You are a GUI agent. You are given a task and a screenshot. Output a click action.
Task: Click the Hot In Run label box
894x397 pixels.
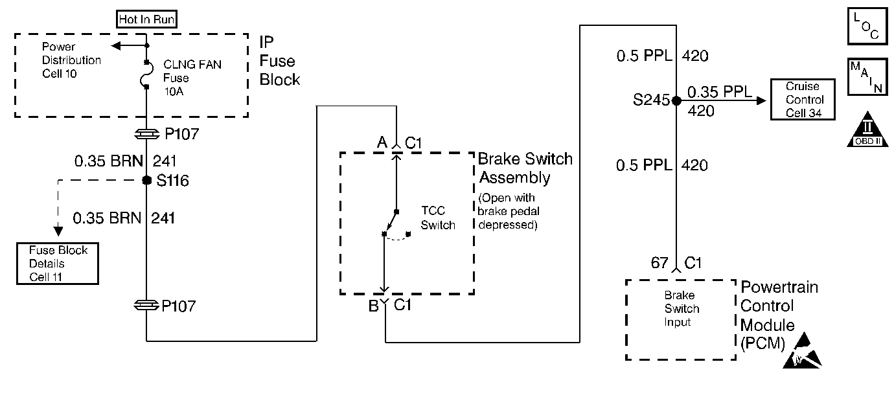[x=146, y=20]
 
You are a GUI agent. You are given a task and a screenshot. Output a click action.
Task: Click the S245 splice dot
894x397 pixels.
[x=676, y=100]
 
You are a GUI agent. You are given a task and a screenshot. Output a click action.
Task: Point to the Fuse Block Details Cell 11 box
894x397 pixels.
[x=58, y=264]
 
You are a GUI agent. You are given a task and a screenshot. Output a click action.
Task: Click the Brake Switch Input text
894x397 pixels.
[x=681, y=309]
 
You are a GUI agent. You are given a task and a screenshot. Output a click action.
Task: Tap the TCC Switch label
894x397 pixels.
[x=439, y=218]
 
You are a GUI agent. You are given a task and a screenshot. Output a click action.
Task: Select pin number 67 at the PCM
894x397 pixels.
[x=659, y=263]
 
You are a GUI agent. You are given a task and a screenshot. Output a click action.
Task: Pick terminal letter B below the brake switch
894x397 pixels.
[x=373, y=306]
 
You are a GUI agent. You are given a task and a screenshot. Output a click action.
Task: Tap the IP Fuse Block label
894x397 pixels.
[x=279, y=62]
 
